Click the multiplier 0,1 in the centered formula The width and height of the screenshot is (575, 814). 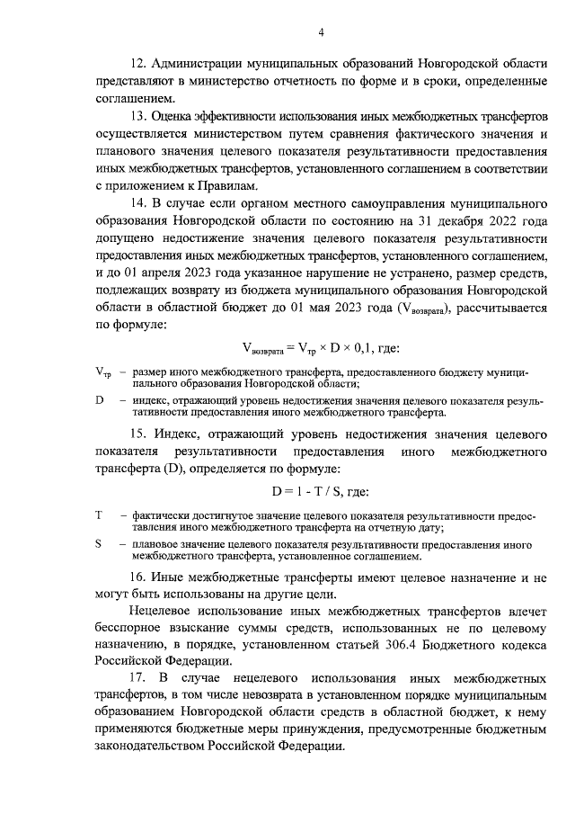359,348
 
